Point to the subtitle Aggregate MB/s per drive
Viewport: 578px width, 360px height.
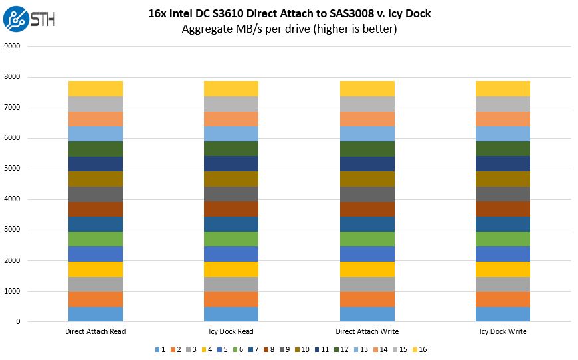pos(289,29)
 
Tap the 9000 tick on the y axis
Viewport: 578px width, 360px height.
pos(13,46)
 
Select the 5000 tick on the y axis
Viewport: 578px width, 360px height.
pos(13,169)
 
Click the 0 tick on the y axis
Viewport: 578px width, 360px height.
pos(18,322)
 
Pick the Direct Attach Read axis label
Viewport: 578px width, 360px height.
pos(95,331)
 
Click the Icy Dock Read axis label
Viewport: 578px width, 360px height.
pos(231,331)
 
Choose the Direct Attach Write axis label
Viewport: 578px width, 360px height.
pos(367,331)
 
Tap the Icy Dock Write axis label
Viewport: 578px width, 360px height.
pos(502,331)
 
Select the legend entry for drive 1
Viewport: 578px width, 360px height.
pos(159,349)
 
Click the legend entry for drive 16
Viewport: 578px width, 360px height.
pos(420,349)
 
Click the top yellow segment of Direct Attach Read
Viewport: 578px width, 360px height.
pos(95,88)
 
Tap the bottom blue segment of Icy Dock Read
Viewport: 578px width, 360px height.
pos(231,314)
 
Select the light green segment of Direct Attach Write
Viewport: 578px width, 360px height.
pos(367,239)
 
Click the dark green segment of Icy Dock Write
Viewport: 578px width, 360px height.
pos(502,149)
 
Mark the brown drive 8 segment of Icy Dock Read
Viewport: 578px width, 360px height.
pos(231,209)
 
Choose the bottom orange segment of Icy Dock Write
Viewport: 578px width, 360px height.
pos(502,299)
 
